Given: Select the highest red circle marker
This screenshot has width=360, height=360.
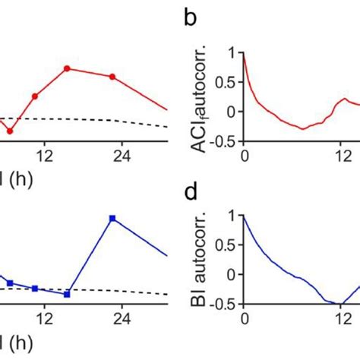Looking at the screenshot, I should click(67, 69).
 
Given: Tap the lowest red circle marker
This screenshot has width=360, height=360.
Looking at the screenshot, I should click(10, 131).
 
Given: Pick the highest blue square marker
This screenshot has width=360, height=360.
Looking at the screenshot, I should click(112, 219).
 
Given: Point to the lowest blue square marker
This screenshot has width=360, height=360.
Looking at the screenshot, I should click(67, 294).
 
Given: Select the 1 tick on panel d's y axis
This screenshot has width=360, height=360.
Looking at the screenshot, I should click(231, 216).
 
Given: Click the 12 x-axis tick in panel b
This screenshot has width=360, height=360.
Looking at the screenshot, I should click(343, 157).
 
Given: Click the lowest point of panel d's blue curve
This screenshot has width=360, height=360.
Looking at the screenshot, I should click(341, 305).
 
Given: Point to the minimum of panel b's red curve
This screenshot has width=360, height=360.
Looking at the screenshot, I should click(302, 129).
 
